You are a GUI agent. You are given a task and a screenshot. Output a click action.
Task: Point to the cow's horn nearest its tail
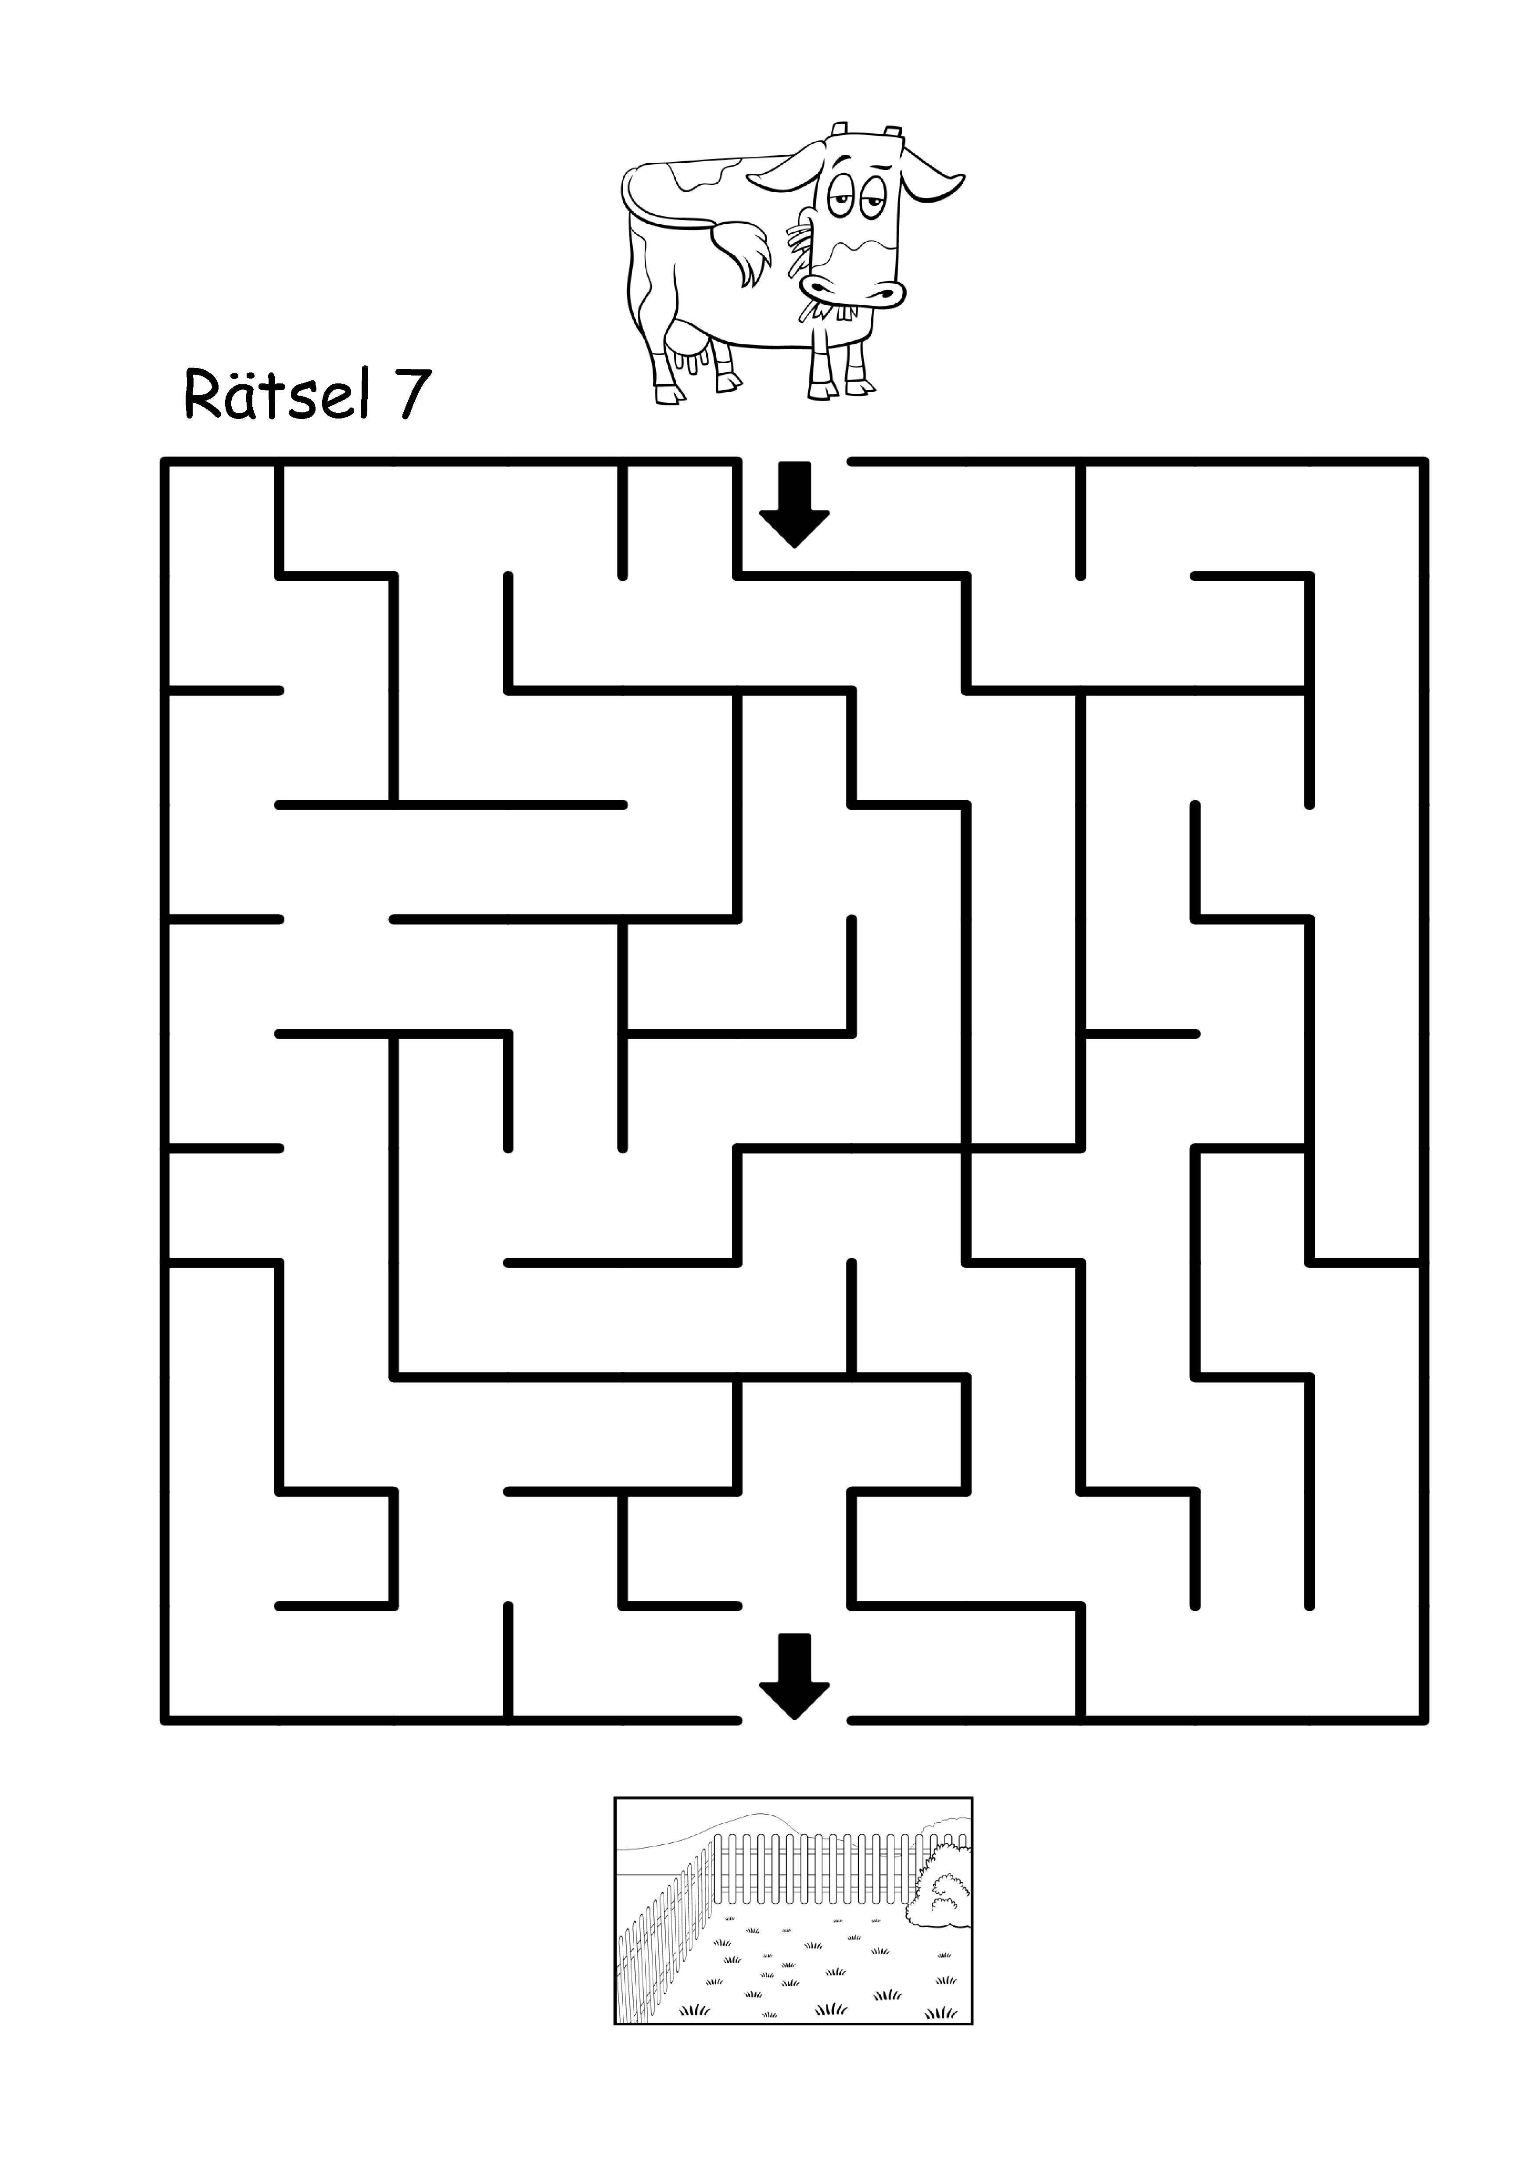pos(839,130)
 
